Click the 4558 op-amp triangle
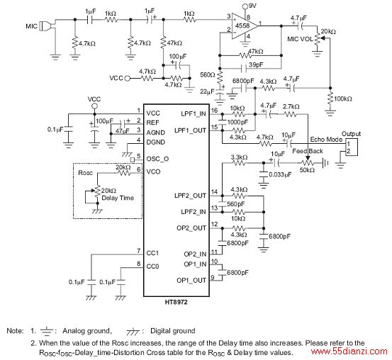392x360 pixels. pos(244,26)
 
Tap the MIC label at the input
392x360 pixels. pos(31,26)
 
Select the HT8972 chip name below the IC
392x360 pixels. pos(176,303)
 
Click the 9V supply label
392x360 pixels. pos(253,5)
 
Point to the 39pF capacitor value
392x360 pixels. pos(256,64)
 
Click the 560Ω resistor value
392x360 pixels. pos(208,74)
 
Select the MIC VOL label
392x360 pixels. pos(300,39)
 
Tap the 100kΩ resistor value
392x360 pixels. pos(343,99)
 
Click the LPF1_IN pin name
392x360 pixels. pos(194,114)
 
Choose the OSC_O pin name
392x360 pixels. pos(157,159)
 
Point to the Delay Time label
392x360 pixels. pos(118,198)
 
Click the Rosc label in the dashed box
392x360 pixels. pos(85,173)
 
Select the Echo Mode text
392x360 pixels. pos(326,139)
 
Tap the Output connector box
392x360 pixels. pos(352,147)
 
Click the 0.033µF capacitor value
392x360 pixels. pos(280,174)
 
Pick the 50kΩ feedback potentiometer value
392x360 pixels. pos(307,170)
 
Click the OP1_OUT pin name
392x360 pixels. pos(191,281)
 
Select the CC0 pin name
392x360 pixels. pos(152,266)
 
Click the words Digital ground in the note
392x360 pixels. pos(172,331)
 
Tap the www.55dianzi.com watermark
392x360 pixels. pos(349,351)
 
